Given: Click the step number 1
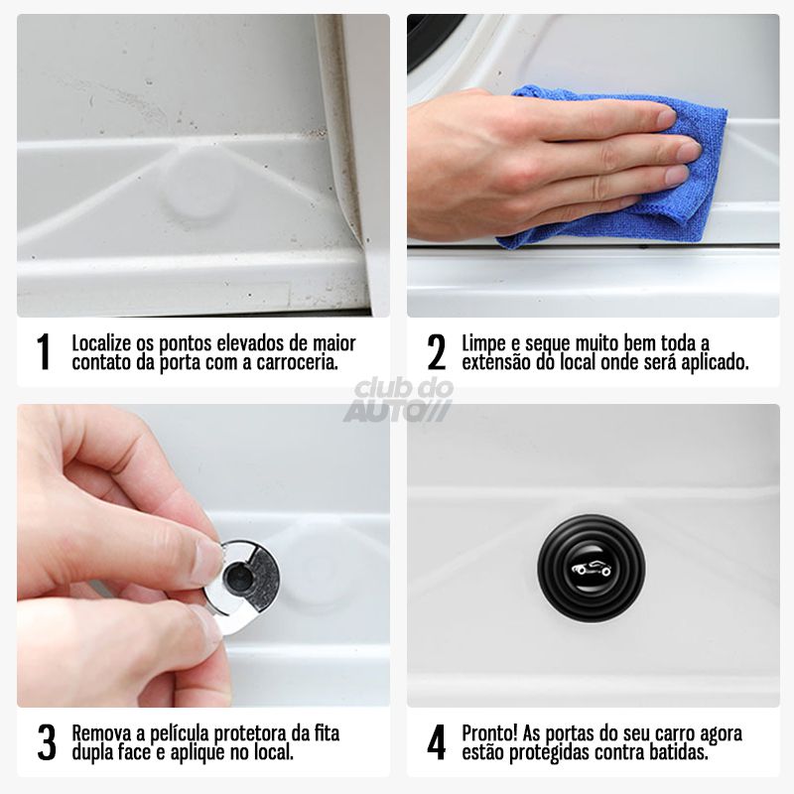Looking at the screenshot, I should click(43, 352).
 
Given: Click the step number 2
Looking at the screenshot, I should click(436, 352).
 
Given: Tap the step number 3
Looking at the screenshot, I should click(46, 742).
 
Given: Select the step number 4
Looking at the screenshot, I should click(436, 742).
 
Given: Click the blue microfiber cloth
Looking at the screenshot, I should click(635, 174).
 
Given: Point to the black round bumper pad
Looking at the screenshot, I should click(592, 568).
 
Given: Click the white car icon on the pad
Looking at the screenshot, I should click(592, 569).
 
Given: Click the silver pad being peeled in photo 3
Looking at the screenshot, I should click(242, 576).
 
